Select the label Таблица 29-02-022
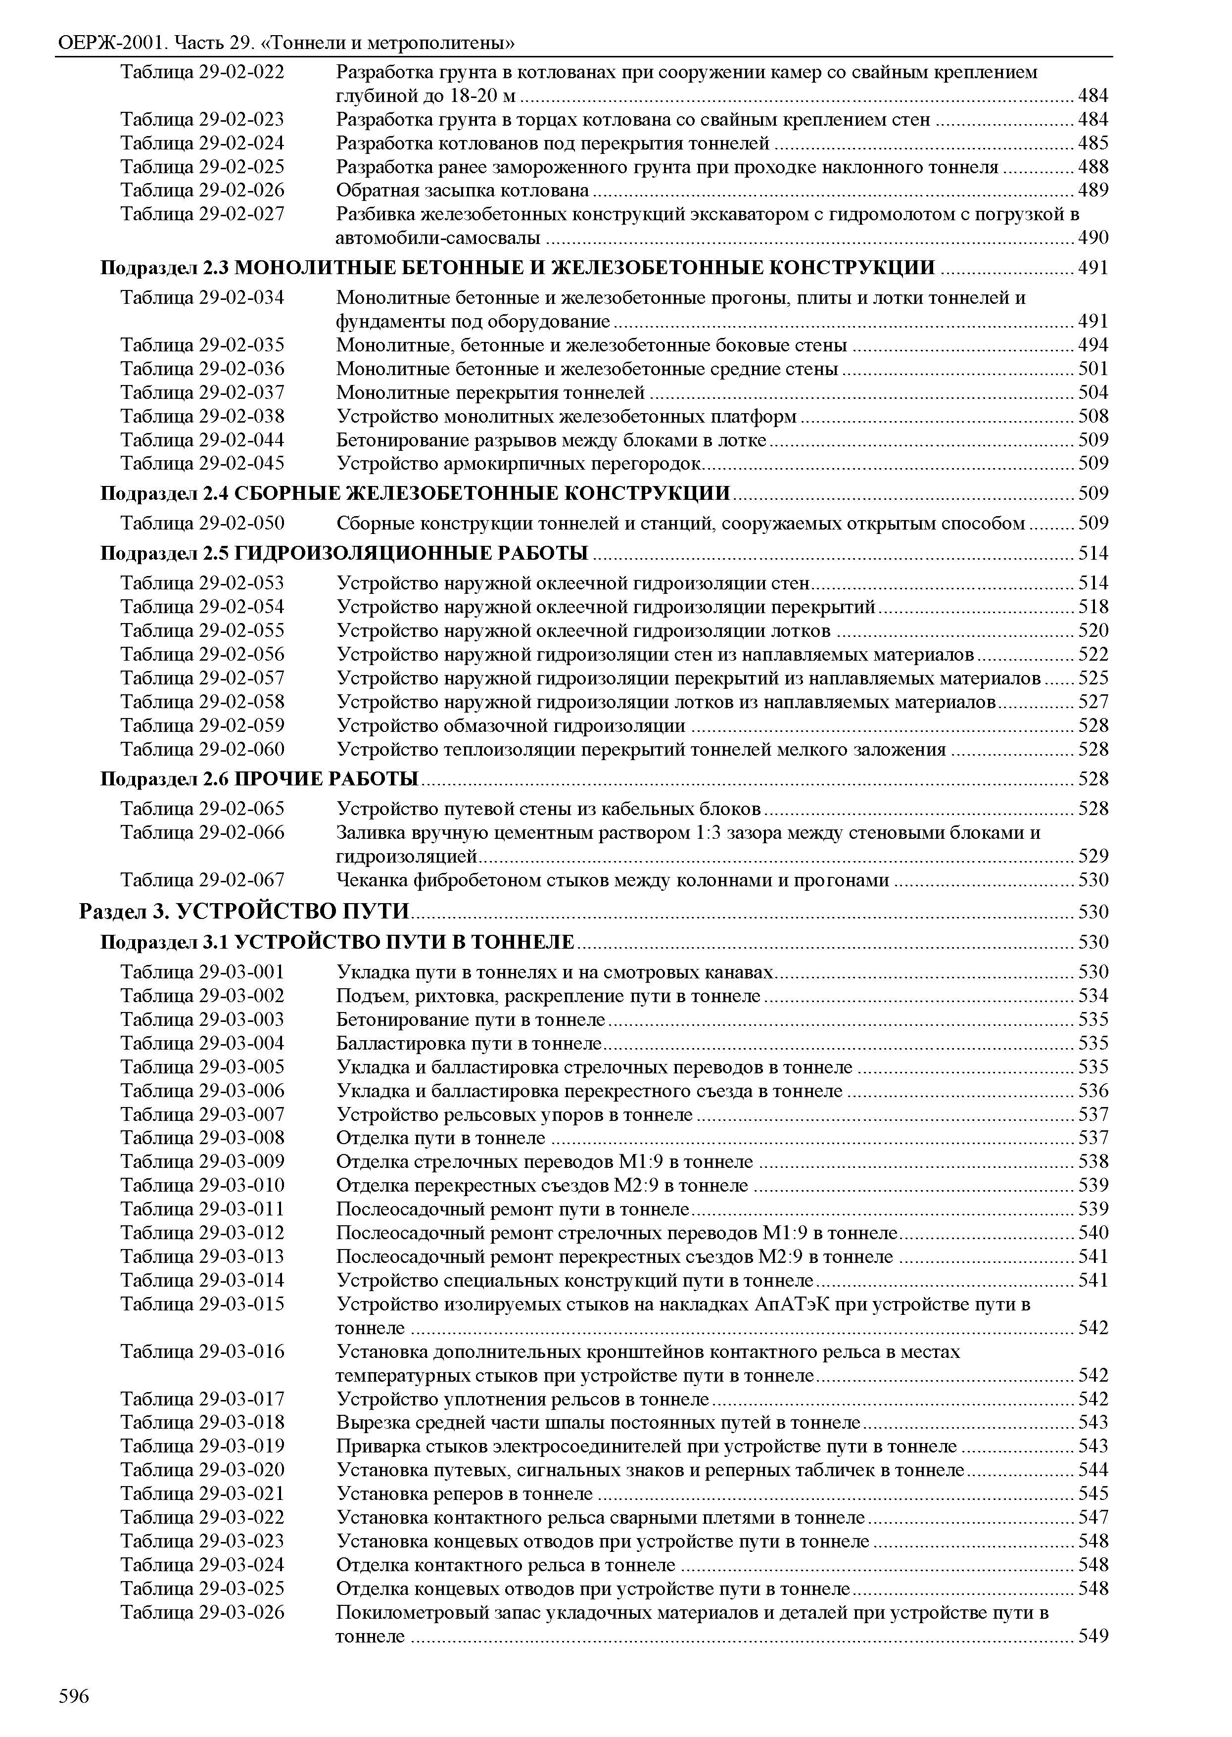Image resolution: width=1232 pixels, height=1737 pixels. (x=202, y=73)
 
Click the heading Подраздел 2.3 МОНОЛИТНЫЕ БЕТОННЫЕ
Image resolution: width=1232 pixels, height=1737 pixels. (x=518, y=267)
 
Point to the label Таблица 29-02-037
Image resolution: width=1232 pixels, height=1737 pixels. (x=202, y=393)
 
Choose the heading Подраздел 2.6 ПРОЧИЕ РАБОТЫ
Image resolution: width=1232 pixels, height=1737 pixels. (x=259, y=778)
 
